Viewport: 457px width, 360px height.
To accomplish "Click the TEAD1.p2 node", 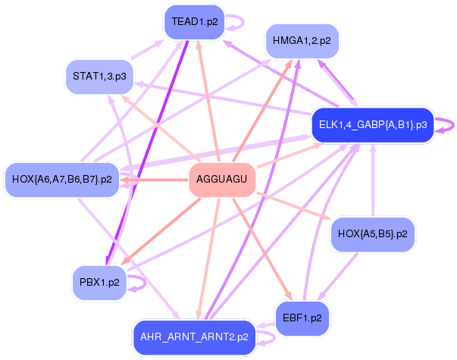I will pyautogui.click(x=195, y=22).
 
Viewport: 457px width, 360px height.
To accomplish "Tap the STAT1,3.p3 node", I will pyautogui.click(x=99, y=77).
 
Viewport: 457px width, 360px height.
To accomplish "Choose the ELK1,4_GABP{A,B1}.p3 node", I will pyautogui.click(x=372, y=124).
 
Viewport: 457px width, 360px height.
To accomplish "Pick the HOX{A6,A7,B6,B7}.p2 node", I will pyautogui.click(x=62, y=180).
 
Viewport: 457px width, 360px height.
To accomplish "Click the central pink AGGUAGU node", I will pyautogui.click(x=221, y=180).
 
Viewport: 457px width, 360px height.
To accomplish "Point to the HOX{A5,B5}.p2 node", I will pyautogui.click(x=372, y=234).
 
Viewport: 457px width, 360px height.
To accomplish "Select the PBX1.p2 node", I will pyautogui.click(x=99, y=283).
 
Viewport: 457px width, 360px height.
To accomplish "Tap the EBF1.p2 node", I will pyautogui.click(x=302, y=318).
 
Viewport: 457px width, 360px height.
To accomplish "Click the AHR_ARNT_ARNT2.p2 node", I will pyautogui.click(x=194, y=337).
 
